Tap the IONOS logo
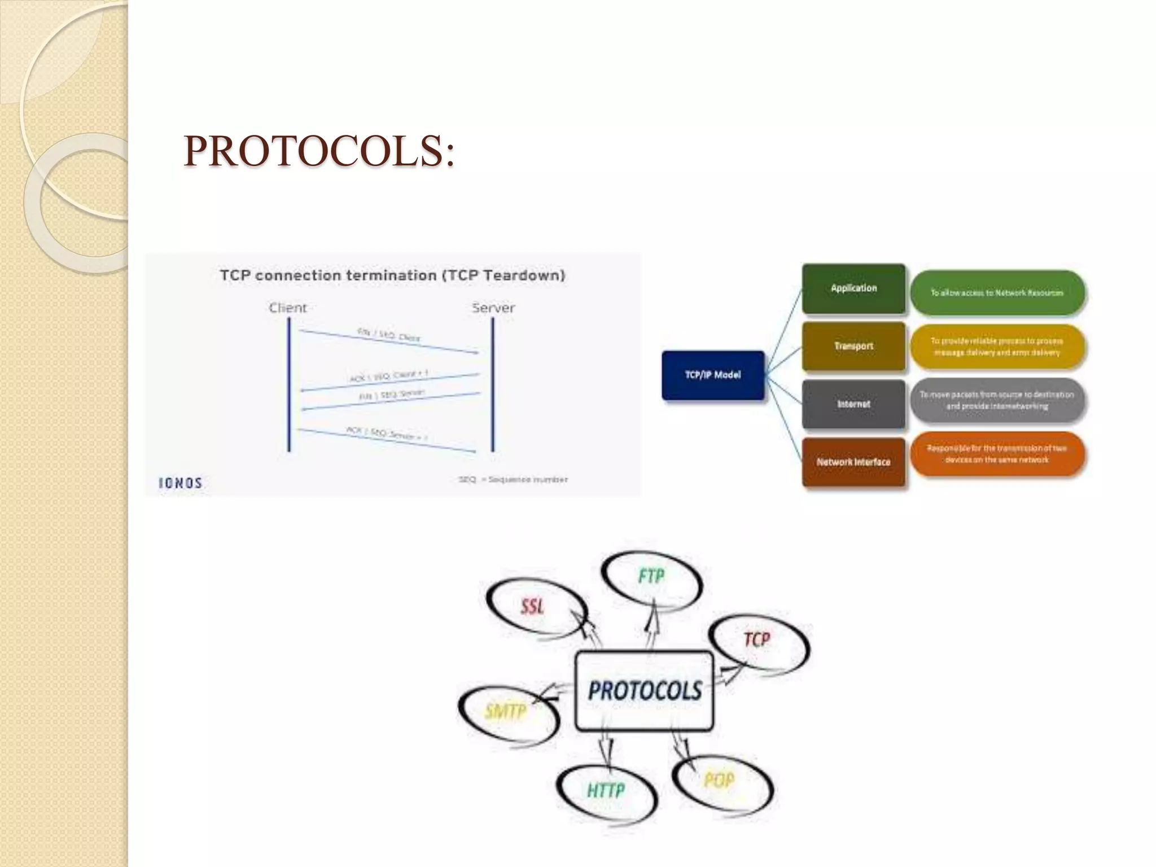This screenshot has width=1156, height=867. (181, 483)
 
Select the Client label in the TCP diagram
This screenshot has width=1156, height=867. (288, 308)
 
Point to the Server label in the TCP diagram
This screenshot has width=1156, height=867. (493, 308)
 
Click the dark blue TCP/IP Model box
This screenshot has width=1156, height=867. (713, 375)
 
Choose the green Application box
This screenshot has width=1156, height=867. (853, 288)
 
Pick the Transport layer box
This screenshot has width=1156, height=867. (853, 346)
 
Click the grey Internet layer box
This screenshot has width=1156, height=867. (853, 404)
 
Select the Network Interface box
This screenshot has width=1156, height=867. (853, 462)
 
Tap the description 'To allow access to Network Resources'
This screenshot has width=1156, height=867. (997, 293)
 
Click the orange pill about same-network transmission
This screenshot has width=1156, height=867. (997, 454)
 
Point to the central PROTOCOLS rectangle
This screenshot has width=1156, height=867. (645, 691)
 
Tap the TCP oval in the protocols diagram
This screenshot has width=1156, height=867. (757, 640)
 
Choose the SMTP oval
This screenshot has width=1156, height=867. (506, 711)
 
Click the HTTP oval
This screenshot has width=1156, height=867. (606, 790)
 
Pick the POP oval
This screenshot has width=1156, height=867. (719, 781)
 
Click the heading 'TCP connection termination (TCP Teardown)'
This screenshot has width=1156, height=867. (392, 275)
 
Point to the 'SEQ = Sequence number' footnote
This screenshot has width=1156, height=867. (513, 480)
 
